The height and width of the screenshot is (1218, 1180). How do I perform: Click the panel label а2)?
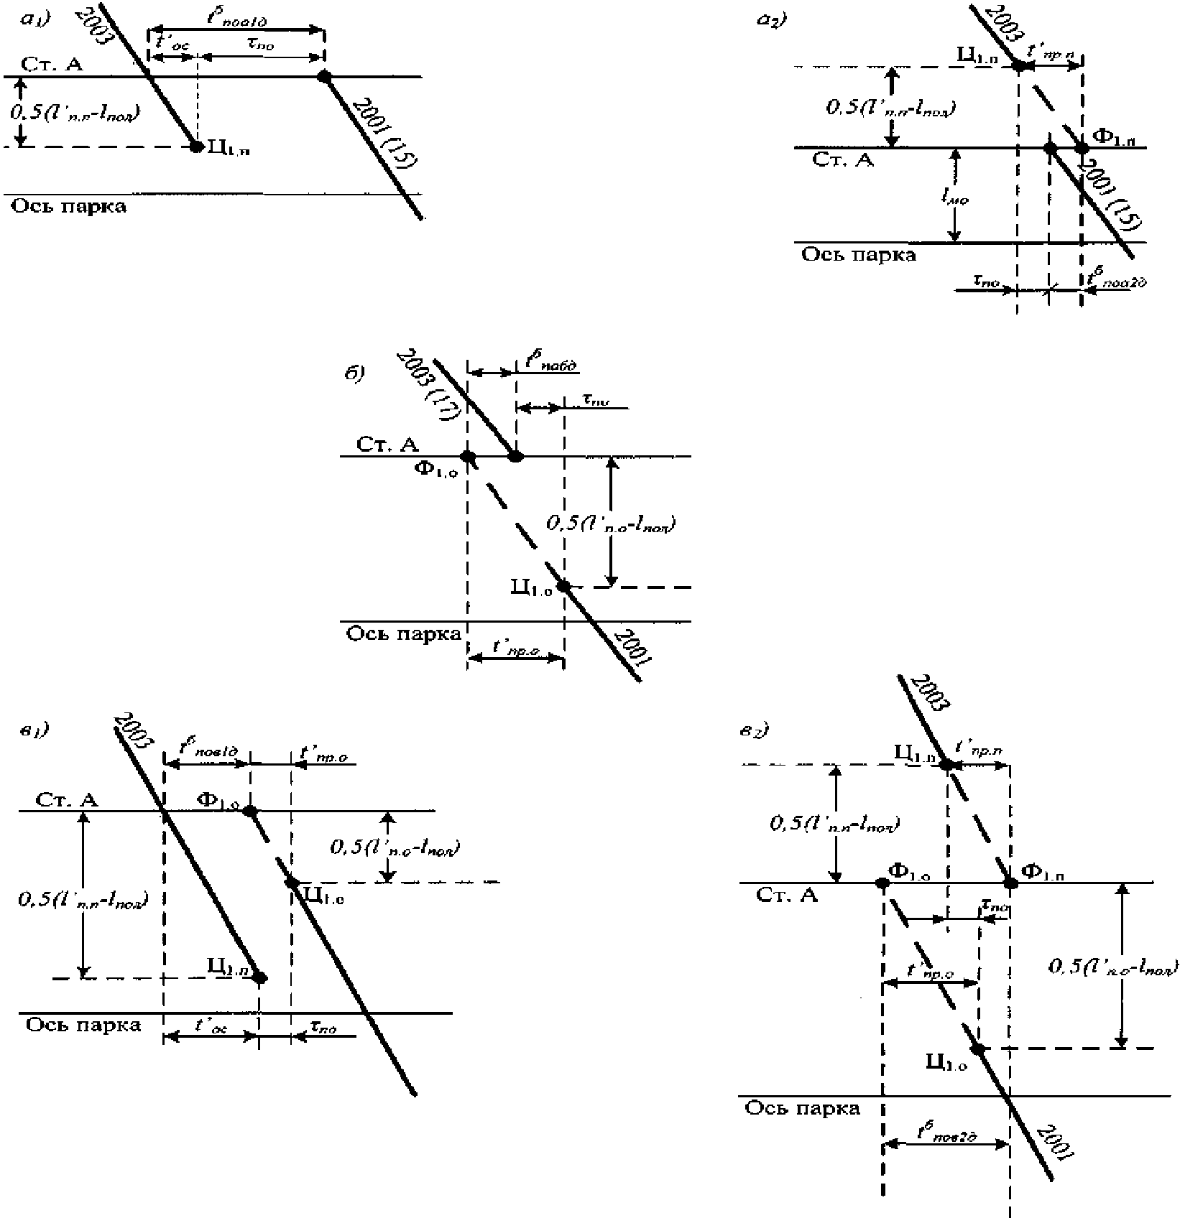pyautogui.click(x=773, y=20)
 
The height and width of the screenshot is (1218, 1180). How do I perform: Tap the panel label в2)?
pyautogui.click(x=755, y=731)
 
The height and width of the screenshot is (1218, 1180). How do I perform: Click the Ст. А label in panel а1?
pyautogui.click(x=52, y=65)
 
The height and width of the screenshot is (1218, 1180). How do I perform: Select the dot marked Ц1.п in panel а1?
pyautogui.click(x=196, y=147)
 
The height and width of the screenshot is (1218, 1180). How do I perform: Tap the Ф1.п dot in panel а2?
pyautogui.click(x=1081, y=148)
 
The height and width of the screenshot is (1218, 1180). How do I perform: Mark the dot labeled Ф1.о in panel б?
pyautogui.click(x=468, y=456)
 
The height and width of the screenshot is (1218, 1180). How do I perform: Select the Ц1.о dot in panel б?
pyautogui.click(x=564, y=586)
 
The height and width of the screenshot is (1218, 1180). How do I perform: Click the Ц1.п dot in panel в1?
pyautogui.click(x=259, y=977)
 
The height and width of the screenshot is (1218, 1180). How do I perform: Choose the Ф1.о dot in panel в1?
pyautogui.click(x=250, y=811)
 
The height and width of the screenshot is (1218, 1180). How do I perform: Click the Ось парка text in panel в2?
pyautogui.click(x=802, y=1108)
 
